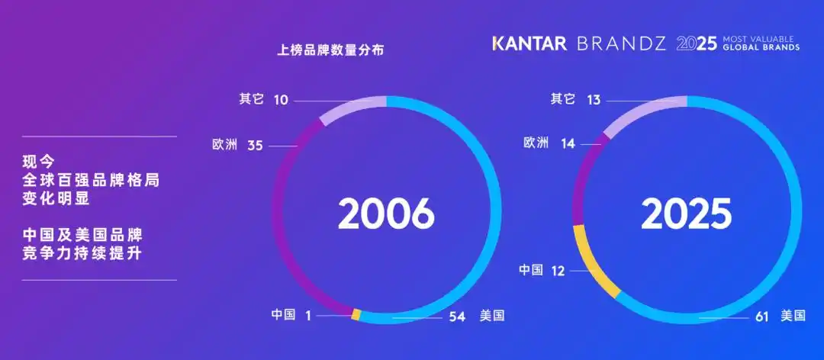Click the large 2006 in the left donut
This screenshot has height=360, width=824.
click(386, 214)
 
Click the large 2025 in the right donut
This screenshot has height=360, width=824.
click(686, 214)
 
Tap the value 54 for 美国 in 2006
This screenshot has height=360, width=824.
click(456, 315)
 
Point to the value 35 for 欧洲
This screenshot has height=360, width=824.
click(255, 145)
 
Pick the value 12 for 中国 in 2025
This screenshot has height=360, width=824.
click(558, 270)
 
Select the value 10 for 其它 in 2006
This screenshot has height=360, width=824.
click(281, 100)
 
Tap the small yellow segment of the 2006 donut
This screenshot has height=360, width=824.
click(356, 313)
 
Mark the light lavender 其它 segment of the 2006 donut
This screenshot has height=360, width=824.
click(350, 108)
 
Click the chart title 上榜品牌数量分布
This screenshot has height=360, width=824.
click(330, 51)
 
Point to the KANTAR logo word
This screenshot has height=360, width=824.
click(529, 43)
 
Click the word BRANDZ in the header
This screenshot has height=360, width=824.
click(622, 43)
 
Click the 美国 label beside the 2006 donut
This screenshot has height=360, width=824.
click(493, 315)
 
